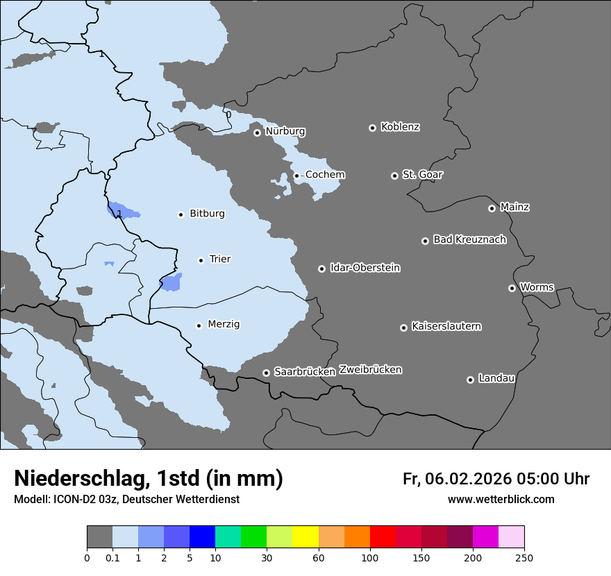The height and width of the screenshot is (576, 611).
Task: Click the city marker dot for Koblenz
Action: [x=372, y=128]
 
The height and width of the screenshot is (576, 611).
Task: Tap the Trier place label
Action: [x=219, y=259]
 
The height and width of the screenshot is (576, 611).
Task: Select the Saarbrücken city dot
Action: [x=266, y=373]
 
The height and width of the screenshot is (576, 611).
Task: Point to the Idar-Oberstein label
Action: [x=365, y=268]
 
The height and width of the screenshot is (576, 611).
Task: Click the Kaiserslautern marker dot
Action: [x=403, y=328]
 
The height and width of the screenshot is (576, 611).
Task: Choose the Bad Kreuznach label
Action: [x=469, y=239]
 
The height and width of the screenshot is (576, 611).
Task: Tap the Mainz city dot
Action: [x=492, y=208]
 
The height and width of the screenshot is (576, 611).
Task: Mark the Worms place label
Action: [x=536, y=287]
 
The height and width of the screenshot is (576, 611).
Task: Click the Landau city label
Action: [x=496, y=378]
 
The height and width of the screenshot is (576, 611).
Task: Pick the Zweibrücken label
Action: [x=370, y=370]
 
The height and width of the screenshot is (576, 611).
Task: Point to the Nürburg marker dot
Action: [x=257, y=133]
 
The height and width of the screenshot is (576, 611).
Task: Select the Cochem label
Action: [x=325, y=175]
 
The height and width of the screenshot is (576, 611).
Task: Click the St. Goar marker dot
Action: [x=394, y=176]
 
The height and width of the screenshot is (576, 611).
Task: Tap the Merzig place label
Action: [x=224, y=324]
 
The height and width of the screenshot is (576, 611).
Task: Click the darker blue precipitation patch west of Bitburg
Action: [x=122, y=210]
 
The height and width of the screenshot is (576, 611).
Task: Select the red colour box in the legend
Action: [x=383, y=537]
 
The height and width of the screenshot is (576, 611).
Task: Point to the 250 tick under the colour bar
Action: [x=524, y=558]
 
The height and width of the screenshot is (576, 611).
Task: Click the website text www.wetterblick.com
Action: [x=501, y=500]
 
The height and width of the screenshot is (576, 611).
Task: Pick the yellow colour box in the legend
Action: [x=305, y=537]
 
